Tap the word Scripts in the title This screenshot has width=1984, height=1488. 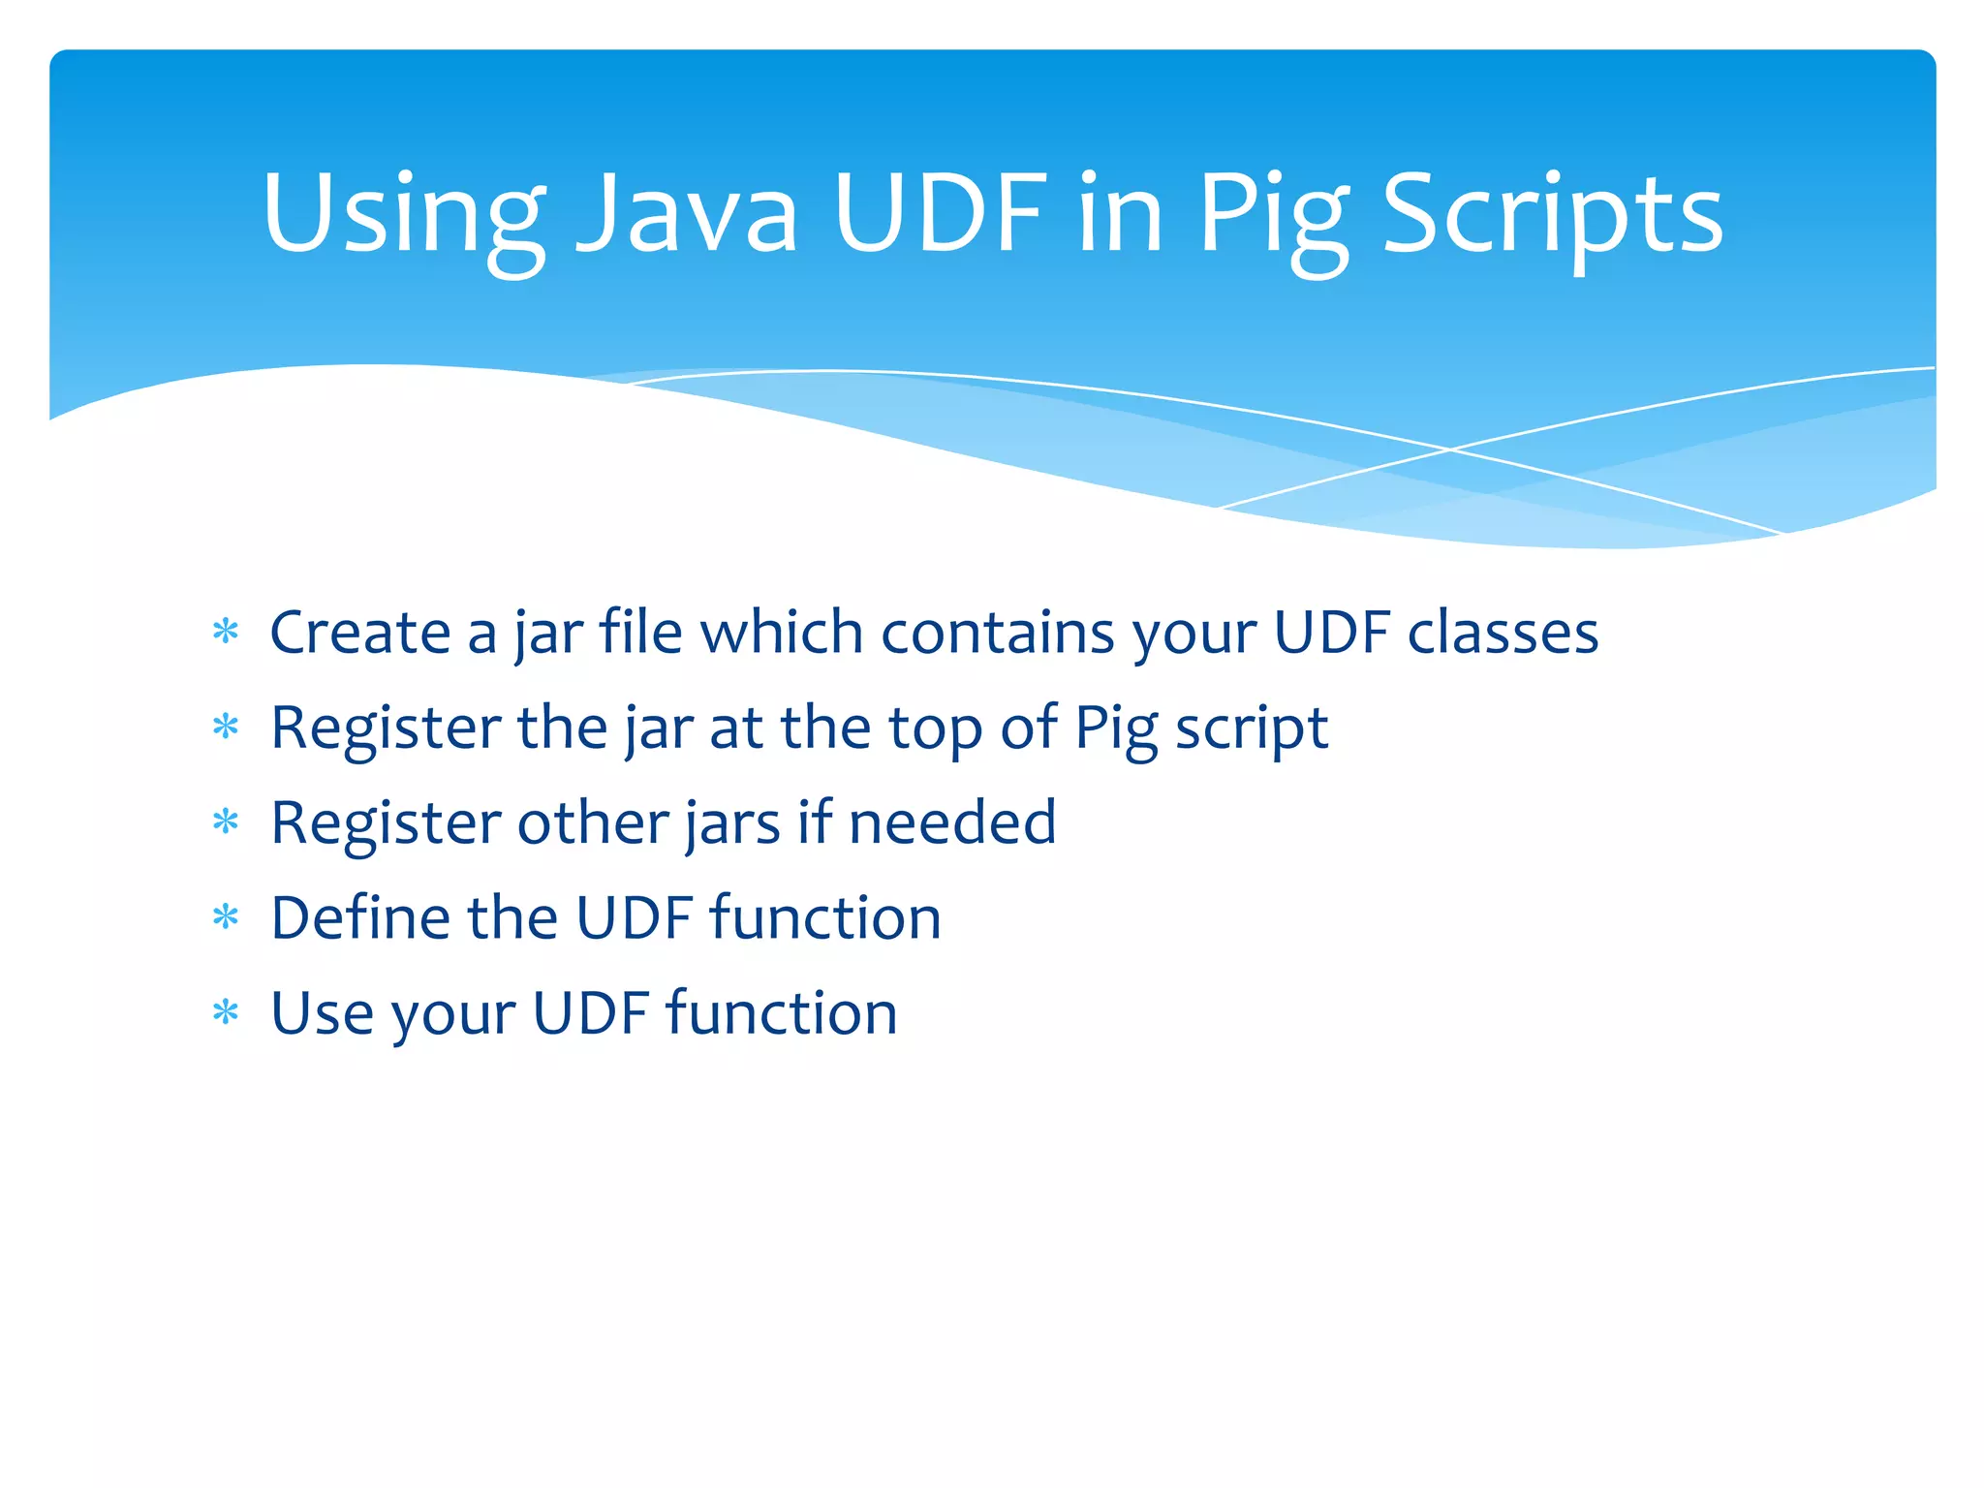pos(1553,215)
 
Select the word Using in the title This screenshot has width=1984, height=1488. pos(403,215)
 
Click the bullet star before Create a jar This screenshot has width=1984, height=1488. pos(226,633)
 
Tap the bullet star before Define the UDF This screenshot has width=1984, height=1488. pos(226,917)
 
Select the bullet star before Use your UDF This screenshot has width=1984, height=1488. pos(226,1013)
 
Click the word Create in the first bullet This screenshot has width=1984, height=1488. pos(359,633)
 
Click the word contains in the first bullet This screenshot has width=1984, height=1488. pos(997,633)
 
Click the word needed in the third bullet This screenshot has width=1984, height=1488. pos(951,822)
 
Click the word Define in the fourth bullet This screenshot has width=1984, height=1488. pos(359,917)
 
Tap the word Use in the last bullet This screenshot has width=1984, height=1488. pos(322,1013)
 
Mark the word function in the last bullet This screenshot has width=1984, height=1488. pos(781,1013)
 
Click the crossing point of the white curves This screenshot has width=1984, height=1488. pos(1450,449)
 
